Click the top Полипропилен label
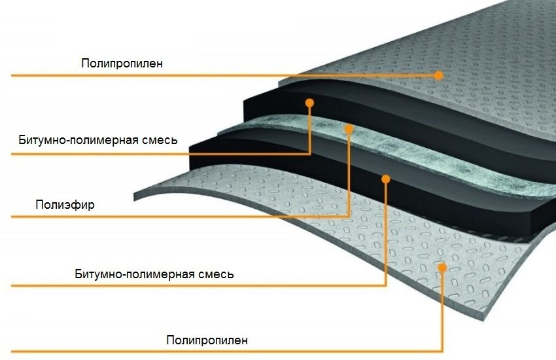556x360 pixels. pyautogui.click(x=122, y=63)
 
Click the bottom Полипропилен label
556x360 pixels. pyautogui.click(x=207, y=340)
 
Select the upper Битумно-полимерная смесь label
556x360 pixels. pyautogui.click(x=97, y=140)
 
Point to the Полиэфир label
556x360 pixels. pyautogui.click(x=65, y=205)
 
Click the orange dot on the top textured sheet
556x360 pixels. pyautogui.click(x=439, y=75)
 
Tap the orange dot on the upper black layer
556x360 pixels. pyautogui.click(x=310, y=103)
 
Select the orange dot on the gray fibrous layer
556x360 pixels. pyautogui.click(x=349, y=128)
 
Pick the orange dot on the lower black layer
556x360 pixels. pyautogui.click(x=386, y=177)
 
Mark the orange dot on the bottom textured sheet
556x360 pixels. pyautogui.click(x=443, y=266)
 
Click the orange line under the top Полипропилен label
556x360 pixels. pyautogui.click(x=196, y=75)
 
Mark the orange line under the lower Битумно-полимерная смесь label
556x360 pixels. pyautogui.click(x=196, y=285)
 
